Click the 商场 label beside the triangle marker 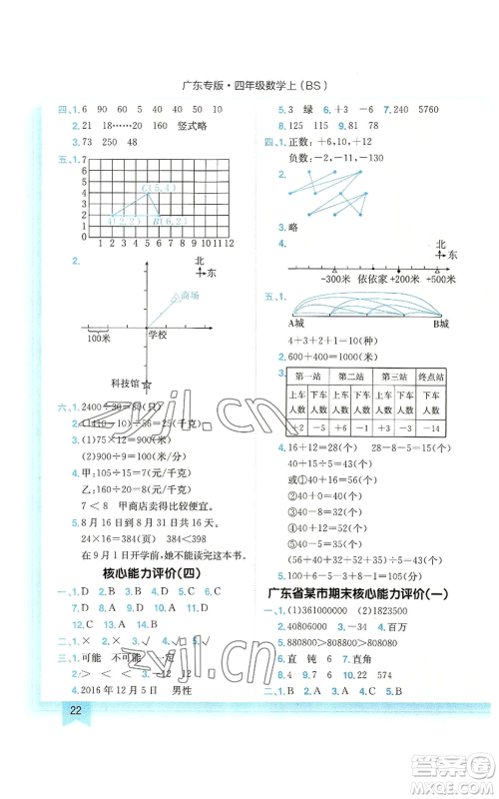(x=188, y=296)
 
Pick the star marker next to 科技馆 (x=148, y=385)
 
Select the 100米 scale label (x=99, y=339)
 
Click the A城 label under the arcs (x=296, y=324)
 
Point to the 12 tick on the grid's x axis (x=229, y=243)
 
